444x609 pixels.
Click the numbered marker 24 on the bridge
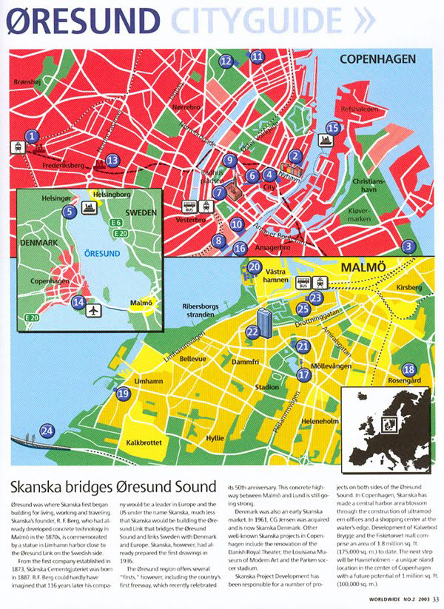pyautogui.click(x=47, y=431)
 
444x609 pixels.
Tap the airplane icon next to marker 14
pyautogui.click(x=94, y=309)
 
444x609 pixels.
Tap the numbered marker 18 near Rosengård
pyautogui.click(x=408, y=369)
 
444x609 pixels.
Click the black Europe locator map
pyautogui.click(x=384, y=423)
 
